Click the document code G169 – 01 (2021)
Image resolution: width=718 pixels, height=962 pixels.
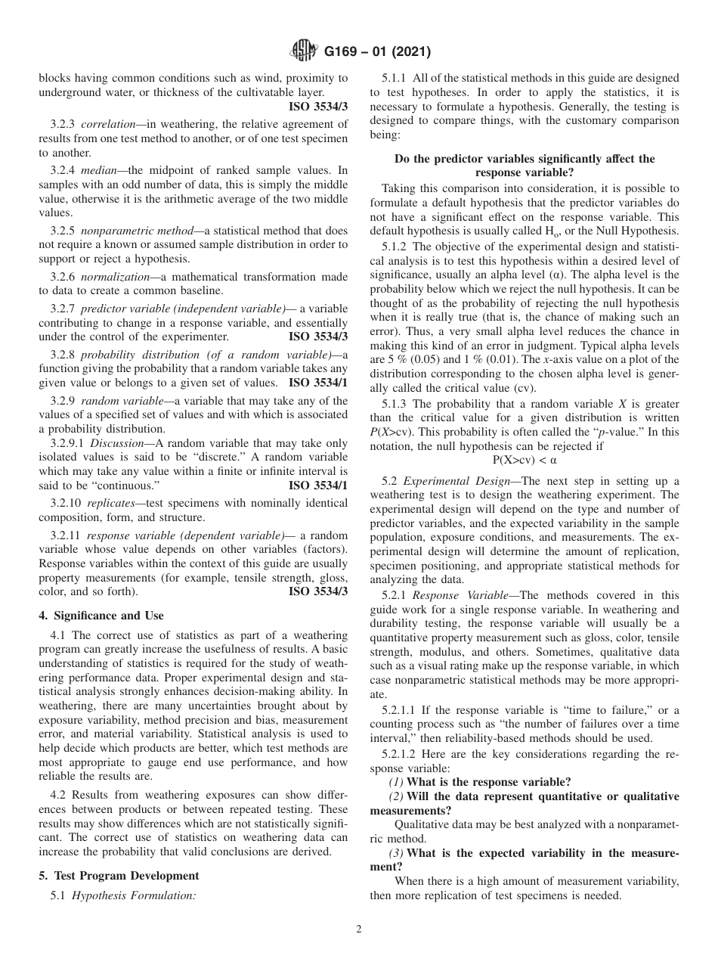(377, 52)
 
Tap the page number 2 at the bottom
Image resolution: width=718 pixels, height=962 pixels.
(359, 929)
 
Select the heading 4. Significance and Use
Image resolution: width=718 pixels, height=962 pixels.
(101, 616)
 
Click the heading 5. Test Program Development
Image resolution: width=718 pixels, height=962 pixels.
(119, 875)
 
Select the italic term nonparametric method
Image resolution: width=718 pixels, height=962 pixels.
(128, 228)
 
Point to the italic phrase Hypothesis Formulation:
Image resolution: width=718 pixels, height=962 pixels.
(134, 895)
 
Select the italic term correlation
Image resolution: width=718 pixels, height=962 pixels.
(109, 123)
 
